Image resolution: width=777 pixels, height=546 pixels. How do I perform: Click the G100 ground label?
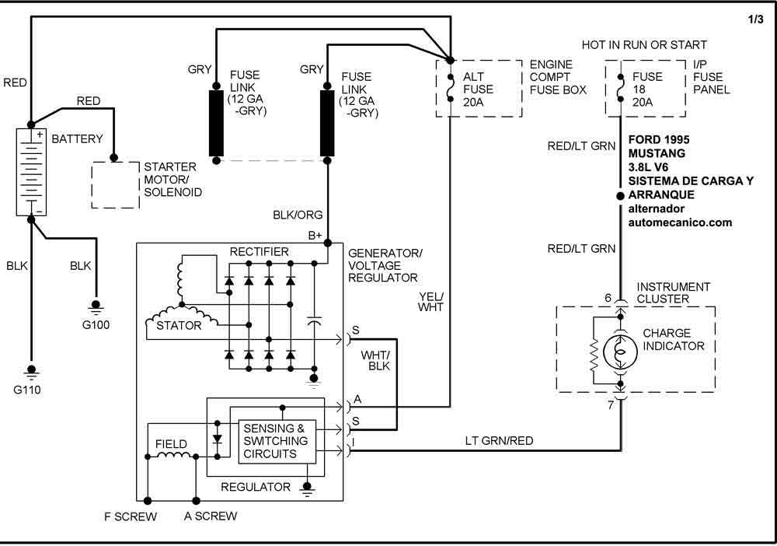click(97, 325)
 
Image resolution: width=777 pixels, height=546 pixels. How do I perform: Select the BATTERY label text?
click(77, 139)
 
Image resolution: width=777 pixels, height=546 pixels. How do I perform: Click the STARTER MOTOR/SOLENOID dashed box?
click(115, 184)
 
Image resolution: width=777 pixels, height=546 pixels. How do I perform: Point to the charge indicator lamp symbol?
click(620, 352)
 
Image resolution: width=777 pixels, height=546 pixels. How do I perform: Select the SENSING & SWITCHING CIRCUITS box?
click(276, 441)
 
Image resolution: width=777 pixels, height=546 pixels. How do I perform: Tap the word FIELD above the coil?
click(171, 444)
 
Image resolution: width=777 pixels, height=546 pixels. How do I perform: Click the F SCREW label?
click(131, 516)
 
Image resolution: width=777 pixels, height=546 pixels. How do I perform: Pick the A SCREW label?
click(211, 516)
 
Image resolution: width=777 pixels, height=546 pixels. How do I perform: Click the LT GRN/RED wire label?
click(499, 441)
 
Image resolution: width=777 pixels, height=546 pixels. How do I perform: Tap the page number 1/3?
click(754, 21)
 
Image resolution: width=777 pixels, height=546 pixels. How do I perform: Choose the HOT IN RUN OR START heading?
click(644, 45)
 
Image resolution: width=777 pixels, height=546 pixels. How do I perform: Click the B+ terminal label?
click(315, 236)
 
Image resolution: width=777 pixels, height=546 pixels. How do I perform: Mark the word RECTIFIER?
click(260, 251)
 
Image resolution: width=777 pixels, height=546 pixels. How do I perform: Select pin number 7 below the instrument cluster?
click(611, 405)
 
